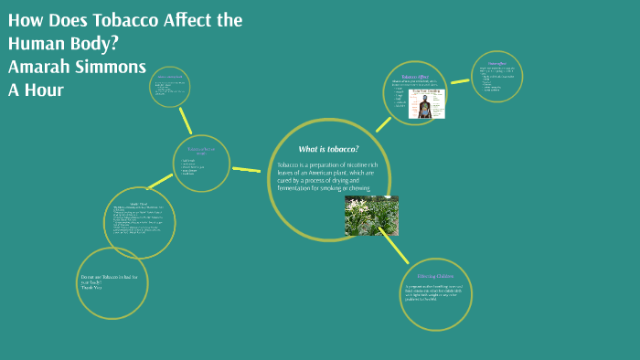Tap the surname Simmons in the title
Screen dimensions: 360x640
click(x=112, y=67)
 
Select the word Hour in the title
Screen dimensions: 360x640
click(x=44, y=90)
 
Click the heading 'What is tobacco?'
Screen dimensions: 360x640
click(x=328, y=149)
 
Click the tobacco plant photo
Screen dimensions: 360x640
click(x=371, y=216)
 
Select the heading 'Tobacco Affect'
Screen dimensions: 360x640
click(x=414, y=78)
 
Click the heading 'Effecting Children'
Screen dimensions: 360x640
click(x=434, y=275)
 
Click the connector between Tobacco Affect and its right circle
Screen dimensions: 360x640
click(x=459, y=81)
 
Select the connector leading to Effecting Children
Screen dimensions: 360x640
click(x=394, y=248)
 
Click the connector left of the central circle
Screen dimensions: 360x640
click(x=246, y=169)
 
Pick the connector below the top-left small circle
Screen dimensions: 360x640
click(x=187, y=121)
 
